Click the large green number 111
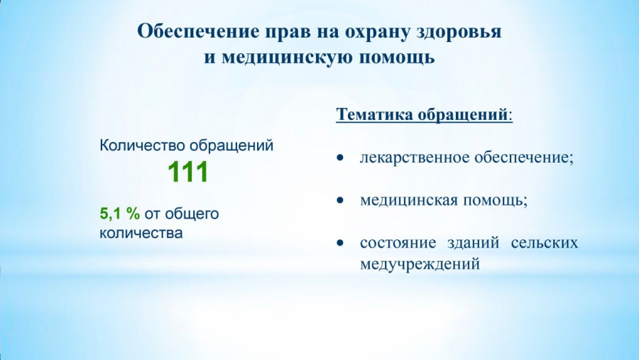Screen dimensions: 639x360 click(188, 172)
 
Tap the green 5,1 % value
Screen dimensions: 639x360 click(120, 213)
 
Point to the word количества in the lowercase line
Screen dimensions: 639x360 click(141, 233)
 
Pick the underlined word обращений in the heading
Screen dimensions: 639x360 click(462, 115)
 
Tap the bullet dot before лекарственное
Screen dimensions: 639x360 click(340, 158)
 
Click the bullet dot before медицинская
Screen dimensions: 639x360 click(340, 200)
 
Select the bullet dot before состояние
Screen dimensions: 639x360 click(340, 243)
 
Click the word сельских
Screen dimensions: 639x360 click(545, 243)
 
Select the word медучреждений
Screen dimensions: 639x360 click(420, 264)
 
